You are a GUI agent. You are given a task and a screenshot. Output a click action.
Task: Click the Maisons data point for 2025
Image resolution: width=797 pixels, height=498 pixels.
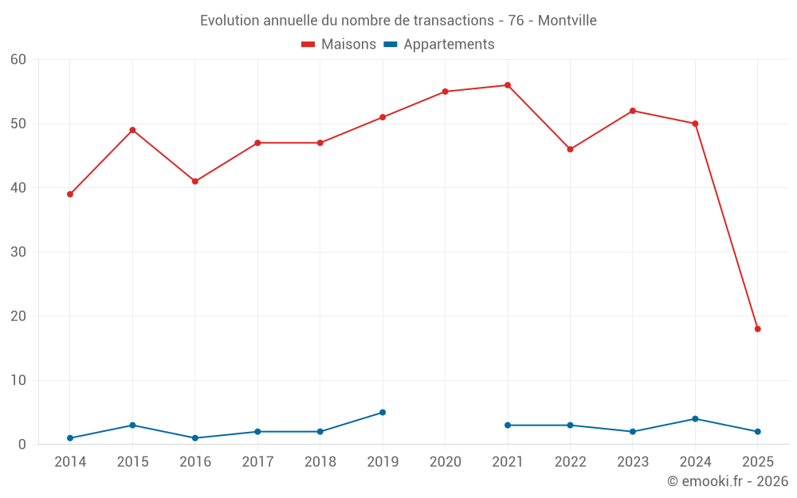tap(757, 329)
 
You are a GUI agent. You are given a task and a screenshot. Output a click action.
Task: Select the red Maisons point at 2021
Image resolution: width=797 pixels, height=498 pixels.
tap(508, 85)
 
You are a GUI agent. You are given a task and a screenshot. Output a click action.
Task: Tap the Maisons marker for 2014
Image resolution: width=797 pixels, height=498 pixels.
tap(70, 194)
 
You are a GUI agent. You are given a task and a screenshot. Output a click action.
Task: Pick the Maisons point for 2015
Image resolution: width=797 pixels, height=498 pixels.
tap(132, 130)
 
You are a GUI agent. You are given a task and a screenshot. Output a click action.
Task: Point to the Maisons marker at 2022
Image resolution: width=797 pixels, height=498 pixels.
tap(570, 149)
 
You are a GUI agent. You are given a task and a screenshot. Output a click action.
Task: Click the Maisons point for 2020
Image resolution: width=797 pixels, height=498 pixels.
tap(445, 92)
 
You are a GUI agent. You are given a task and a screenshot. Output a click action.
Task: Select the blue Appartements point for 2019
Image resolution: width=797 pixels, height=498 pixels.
tap(383, 413)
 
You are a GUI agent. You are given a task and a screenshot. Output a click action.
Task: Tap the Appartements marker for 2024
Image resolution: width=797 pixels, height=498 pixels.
tap(695, 419)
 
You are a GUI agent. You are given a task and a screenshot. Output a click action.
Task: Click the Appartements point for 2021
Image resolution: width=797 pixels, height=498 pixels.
tap(508, 425)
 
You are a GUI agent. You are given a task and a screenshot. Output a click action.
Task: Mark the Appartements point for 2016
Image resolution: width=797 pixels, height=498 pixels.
tap(195, 438)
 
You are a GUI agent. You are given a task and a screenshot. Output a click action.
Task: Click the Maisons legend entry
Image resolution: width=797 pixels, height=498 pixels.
tap(339, 45)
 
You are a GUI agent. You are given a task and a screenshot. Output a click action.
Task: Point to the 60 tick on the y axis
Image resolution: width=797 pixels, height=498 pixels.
tap(18, 60)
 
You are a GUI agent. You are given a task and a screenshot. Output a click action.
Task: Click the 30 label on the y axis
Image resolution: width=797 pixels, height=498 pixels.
tap(18, 253)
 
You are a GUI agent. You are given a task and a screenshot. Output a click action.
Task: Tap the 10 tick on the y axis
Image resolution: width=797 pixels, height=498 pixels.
tap(18, 381)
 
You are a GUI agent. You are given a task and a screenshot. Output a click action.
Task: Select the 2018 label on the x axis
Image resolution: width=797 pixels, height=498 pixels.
tap(320, 462)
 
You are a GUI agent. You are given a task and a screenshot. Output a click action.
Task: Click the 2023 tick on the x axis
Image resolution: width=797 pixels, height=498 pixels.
tap(633, 462)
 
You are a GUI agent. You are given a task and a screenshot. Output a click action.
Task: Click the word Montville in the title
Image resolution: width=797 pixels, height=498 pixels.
tap(567, 21)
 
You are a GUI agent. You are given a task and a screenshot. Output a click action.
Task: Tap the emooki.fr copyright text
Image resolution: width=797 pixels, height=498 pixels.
tap(727, 481)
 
